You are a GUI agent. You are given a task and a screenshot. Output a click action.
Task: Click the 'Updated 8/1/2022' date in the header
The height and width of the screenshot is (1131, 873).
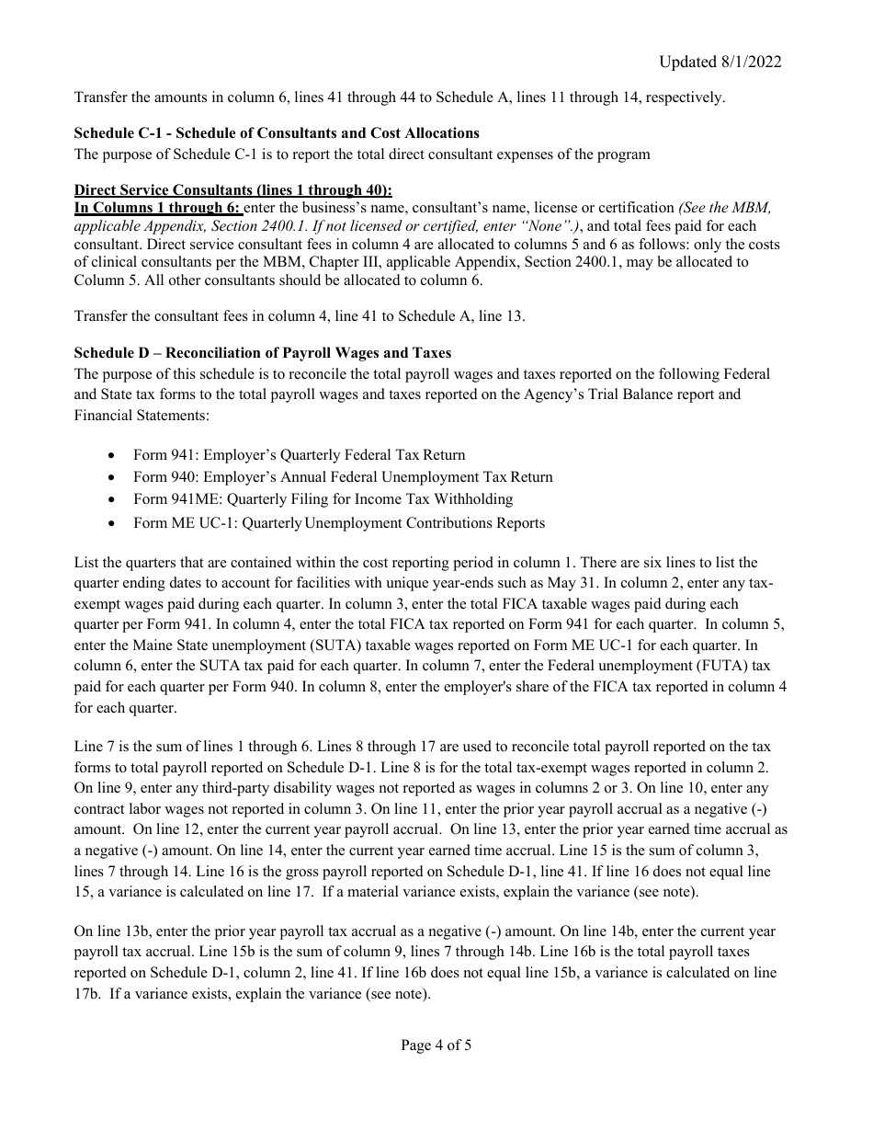tap(720, 62)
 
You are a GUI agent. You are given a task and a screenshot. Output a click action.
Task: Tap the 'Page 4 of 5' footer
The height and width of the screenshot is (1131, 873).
tap(436, 1045)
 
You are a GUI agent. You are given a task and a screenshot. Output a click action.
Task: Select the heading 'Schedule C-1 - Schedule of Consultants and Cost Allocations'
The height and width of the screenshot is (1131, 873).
tap(277, 133)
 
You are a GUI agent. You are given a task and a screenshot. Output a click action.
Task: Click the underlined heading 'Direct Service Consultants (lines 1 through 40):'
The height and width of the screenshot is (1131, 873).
tap(232, 190)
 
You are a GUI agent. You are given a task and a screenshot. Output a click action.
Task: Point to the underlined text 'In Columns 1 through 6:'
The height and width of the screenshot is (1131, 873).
tap(157, 209)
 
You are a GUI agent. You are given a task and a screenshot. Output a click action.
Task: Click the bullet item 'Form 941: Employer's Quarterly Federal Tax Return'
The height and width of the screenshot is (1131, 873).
tap(299, 455)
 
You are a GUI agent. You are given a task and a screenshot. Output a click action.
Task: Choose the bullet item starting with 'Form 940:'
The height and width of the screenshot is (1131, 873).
tap(343, 477)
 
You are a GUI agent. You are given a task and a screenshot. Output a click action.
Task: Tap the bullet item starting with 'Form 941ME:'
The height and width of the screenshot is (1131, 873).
tap(323, 499)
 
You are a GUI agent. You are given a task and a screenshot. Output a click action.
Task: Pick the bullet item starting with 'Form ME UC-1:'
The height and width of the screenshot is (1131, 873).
tap(338, 523)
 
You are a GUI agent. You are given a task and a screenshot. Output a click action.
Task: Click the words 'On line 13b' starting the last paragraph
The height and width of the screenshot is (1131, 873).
tap(112, 931)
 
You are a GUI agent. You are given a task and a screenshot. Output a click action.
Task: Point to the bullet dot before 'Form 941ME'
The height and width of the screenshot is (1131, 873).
tap(112, 500)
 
